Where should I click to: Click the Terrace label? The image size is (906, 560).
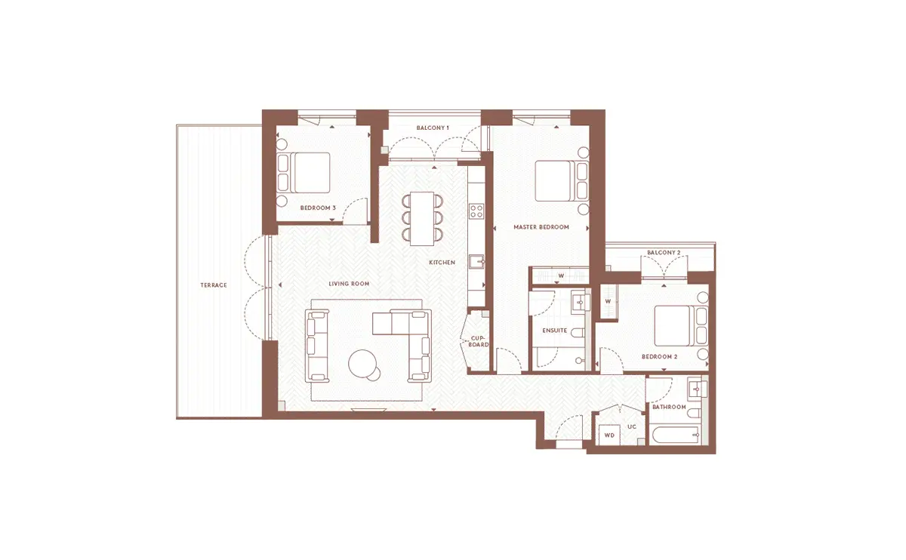214,285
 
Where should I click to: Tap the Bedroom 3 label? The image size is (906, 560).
318,208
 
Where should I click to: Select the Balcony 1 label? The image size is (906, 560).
433,128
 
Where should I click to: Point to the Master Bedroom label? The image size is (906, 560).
541,227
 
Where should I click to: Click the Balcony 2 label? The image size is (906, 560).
664,253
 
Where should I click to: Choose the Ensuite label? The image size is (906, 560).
554,331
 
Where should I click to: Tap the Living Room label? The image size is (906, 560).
349,284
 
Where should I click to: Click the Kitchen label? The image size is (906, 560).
442,263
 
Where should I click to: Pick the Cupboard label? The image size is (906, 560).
478,342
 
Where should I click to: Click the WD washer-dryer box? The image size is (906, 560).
609,435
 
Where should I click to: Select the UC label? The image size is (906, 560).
632,426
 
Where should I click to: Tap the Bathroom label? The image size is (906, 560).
669,407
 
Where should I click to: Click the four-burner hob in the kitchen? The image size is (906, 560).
476,211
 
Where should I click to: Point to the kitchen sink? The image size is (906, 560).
477,262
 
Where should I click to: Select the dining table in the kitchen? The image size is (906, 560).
422,219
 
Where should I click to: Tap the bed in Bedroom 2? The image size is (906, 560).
681,326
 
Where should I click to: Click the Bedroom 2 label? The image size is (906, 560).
659,357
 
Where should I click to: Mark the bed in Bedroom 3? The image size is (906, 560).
304,173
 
